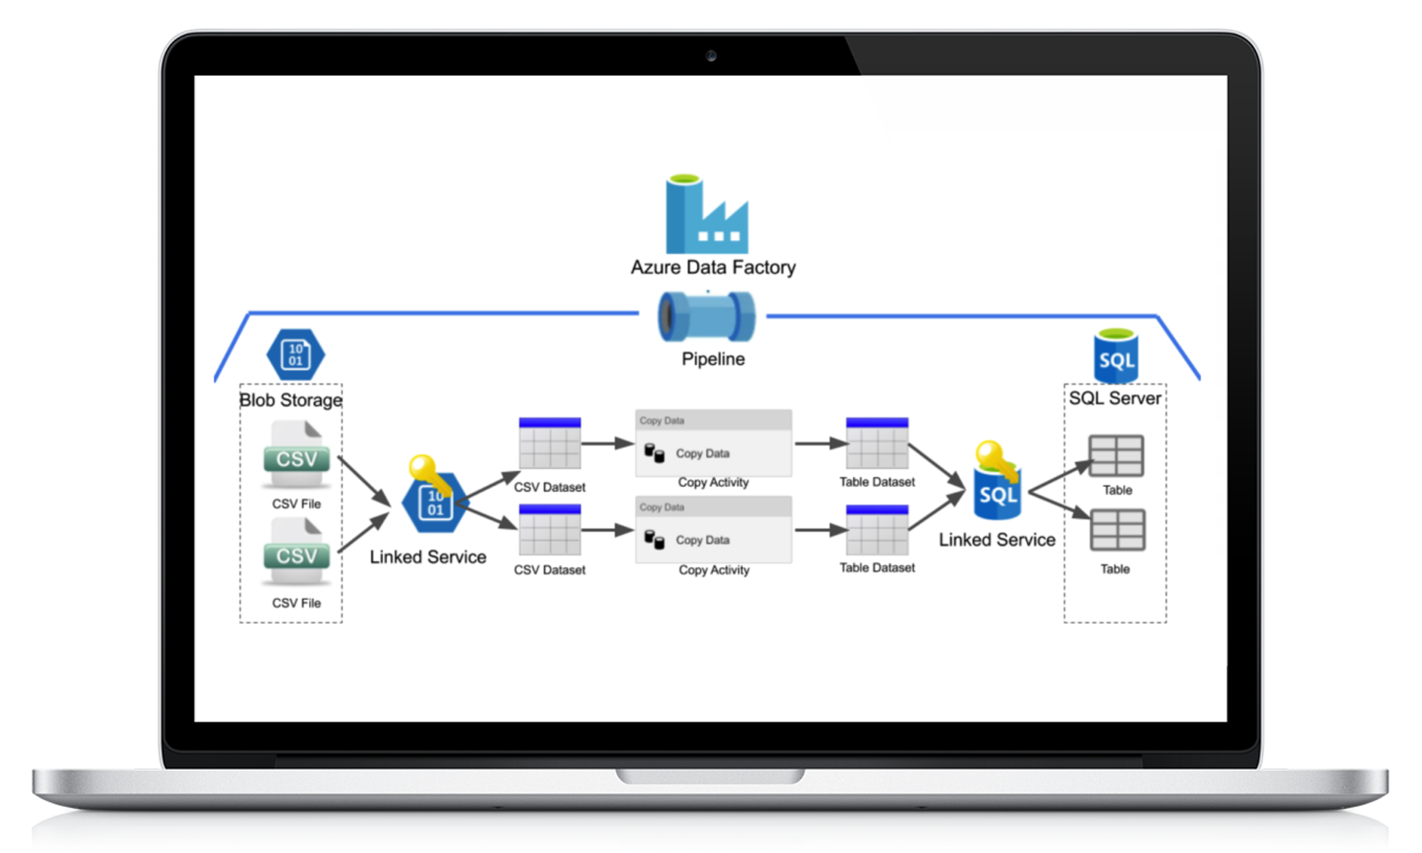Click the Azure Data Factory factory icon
706,215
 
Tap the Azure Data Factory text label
713,267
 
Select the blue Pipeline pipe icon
706,316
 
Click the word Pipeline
713,359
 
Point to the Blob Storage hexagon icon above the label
296,354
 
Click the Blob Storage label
290,400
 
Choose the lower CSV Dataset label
550,569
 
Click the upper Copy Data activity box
713,444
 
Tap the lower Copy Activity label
714,569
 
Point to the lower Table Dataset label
877,567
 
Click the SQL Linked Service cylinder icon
998,493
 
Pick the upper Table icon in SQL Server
1116,455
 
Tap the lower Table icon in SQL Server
1117,529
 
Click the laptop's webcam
711,55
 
